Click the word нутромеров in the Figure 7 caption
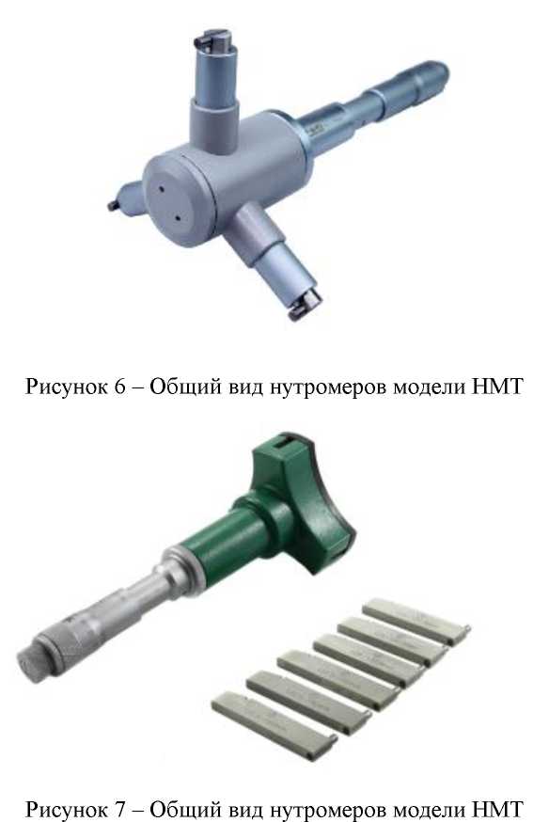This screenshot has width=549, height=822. [x=340, y=808]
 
